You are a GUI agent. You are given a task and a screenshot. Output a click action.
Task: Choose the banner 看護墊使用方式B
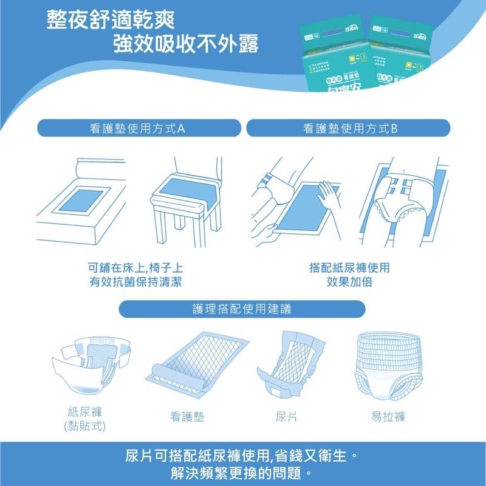point(349,128)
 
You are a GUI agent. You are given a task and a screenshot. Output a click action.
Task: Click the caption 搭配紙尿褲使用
point(349,267)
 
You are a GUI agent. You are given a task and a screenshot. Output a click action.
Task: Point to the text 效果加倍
point(349,282)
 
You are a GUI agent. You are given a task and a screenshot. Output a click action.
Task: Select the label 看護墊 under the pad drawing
point(187,417)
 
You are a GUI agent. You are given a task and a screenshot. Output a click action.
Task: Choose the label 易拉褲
point(388,417)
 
